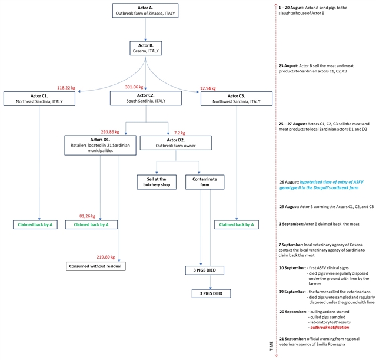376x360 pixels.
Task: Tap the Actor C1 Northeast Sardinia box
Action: [x=39, y=98]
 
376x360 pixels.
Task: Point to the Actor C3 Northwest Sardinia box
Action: [x=236, y=98]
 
